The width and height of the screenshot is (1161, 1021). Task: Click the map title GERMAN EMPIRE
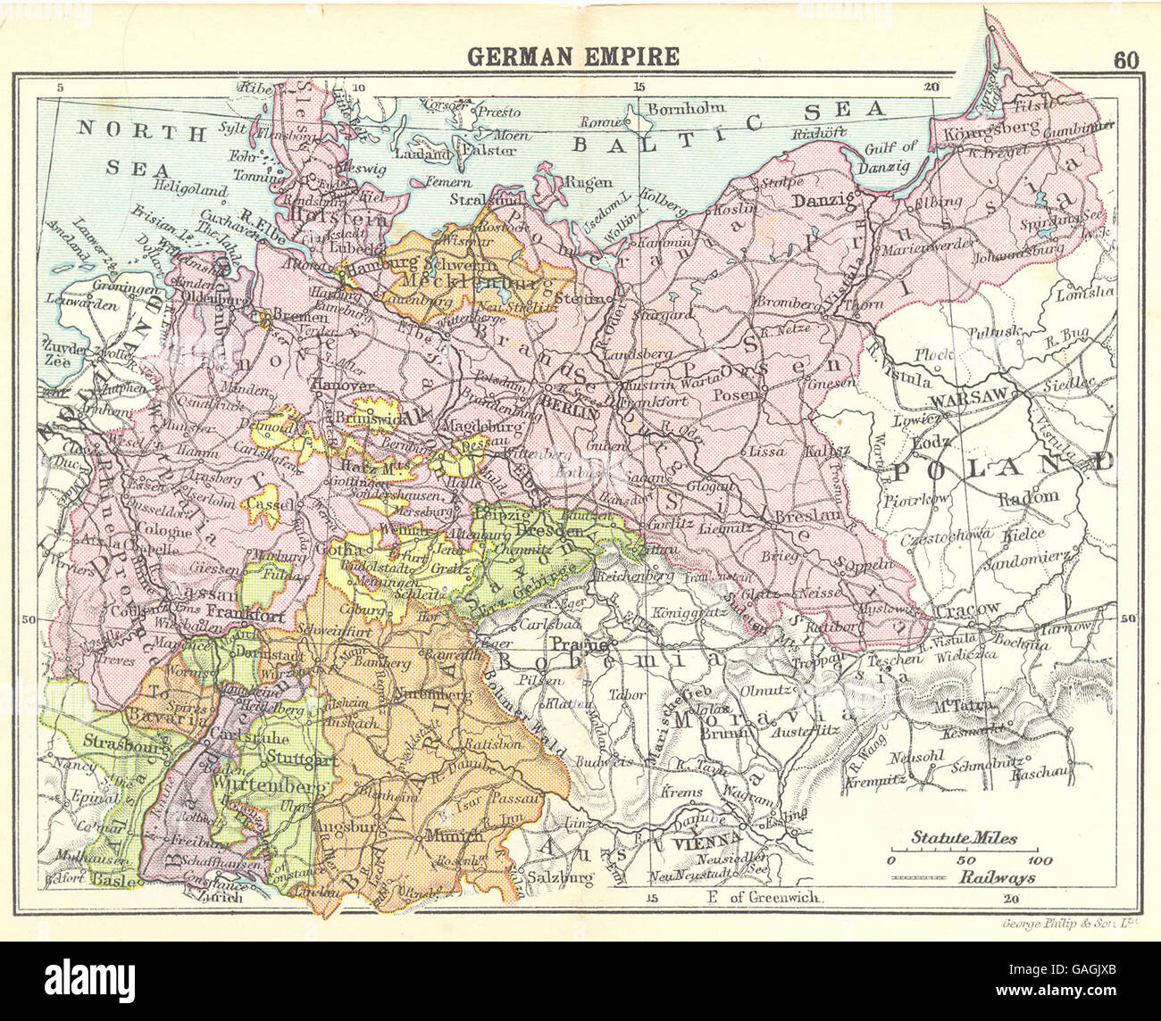[573, 57]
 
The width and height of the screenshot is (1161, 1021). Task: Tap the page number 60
[1126, 60]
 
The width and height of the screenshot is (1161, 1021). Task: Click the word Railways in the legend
[998, 877]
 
